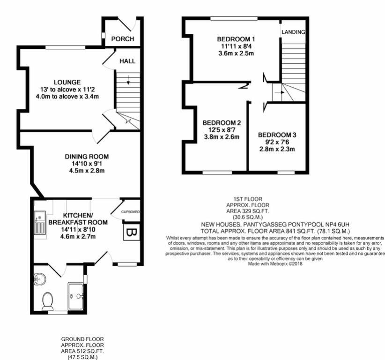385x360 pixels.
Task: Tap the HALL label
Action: (127, 61)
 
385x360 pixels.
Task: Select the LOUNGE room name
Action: (67, 82)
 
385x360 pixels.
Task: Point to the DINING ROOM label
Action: (87, 157)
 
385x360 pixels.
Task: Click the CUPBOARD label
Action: (131, 212)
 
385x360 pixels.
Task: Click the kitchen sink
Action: (40, 224)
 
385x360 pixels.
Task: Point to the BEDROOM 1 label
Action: (236, 39)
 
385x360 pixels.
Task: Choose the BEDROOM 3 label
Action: (277, 135)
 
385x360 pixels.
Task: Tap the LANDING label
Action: (294, 32)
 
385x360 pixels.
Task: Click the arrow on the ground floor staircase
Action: (128, 83)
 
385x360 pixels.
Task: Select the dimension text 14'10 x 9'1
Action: (87, 164)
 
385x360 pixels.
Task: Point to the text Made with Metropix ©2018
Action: (274, 264)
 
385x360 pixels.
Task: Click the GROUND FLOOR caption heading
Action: (82, 338)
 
